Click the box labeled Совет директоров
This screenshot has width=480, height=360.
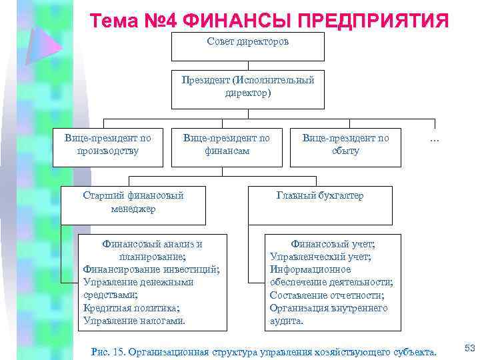click(x=247, y=46)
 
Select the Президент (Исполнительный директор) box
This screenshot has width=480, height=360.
click(x=247, y=89)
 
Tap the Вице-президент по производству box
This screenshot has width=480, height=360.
click(x=107, y=147)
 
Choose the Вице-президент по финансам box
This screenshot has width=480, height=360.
click(x=227, y=147)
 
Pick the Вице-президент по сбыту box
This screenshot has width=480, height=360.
click(x=345, y=147)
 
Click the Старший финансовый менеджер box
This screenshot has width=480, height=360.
click(x=133, y=204)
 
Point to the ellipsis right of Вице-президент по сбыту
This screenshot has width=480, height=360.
click(x=435, y=139)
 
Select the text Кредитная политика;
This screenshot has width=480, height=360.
click(x=131, y=308)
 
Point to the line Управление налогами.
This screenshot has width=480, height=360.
click(x=134, y=321)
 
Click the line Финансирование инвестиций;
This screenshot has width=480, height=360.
click(x=151, y=269)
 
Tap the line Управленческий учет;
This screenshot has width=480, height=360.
click(x=321, y=257)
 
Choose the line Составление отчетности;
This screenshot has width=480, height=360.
click(x=327, y=295)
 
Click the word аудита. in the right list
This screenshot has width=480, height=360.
click(x=287, y=321)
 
